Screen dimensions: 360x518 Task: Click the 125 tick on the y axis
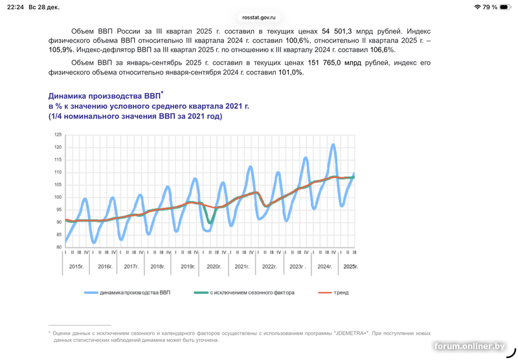click(x=58, y=135)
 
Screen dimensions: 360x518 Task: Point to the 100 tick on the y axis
click(x=58, y=197)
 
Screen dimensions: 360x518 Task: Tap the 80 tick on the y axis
click(x=58, y=247)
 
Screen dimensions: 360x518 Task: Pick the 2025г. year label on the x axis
click(x=350, y=267)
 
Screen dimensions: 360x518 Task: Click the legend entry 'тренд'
click(x=342, y=293)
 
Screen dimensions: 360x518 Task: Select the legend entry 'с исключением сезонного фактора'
click(x=252, y=293)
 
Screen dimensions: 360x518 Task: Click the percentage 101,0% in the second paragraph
click(x=289, y=73)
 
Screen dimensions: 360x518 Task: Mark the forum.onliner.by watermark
click(x=469, y=348)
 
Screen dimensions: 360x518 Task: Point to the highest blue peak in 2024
click(x=333, y=145)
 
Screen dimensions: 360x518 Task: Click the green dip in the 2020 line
click(x=210, y=223)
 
